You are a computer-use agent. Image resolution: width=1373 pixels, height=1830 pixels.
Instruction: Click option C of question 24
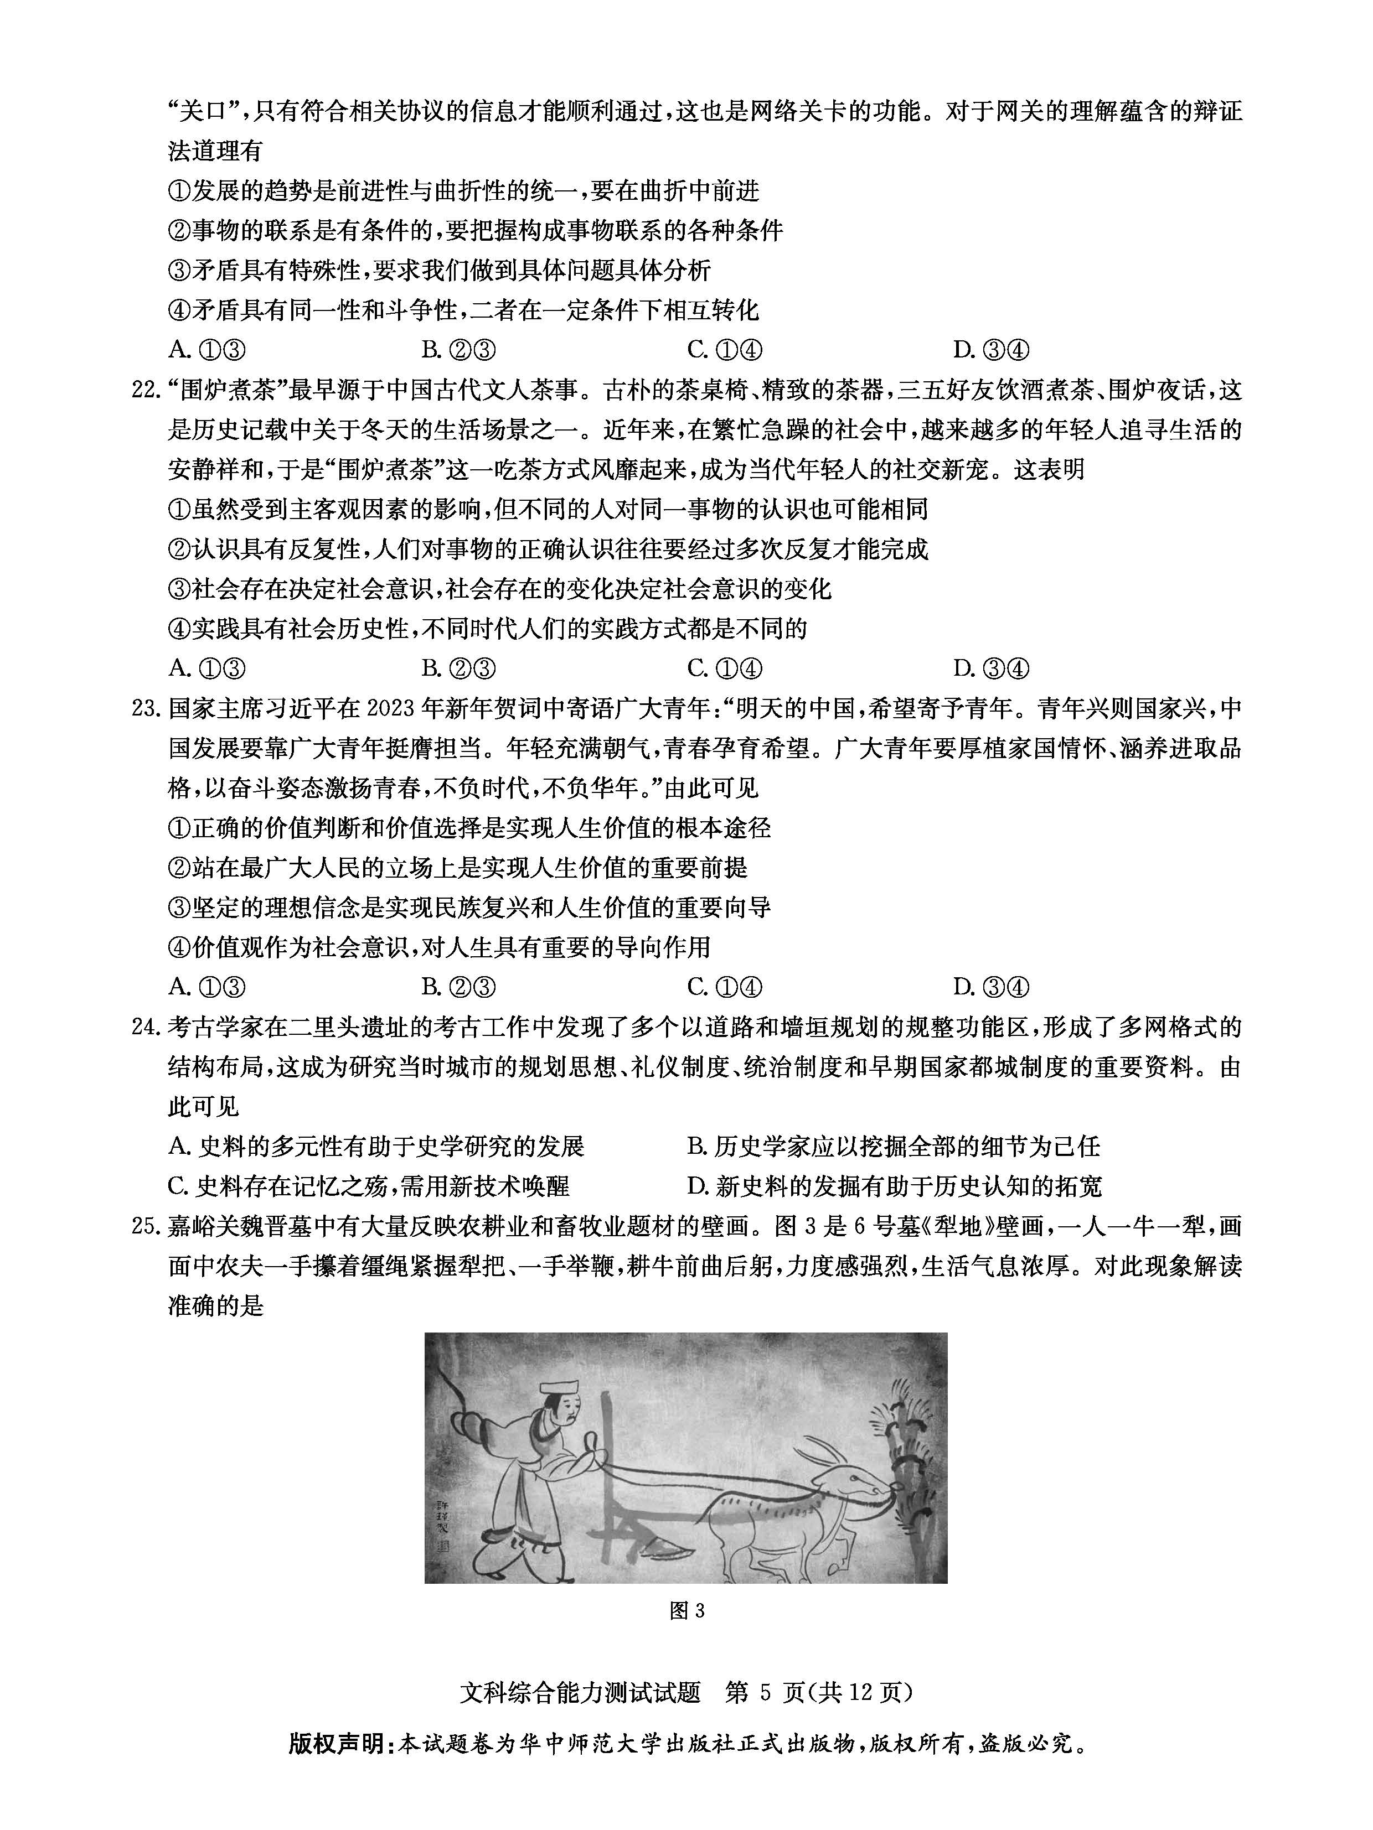click(368, 1187)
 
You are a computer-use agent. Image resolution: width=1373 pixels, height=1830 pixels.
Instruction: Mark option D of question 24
click(894, 1187)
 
